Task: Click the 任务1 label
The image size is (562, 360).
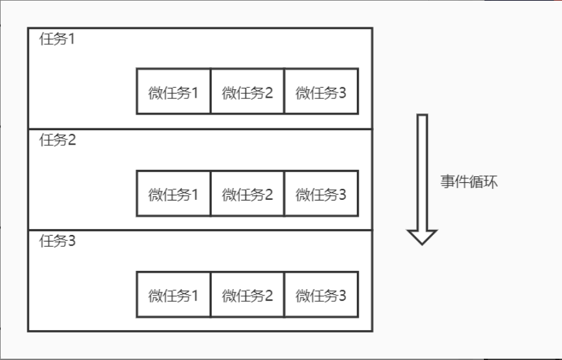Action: pyautogui.click(x=57, y=39)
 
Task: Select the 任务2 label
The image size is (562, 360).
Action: pyautogui.click(x=57, y=140)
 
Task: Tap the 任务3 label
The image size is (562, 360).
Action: pyautogui.click(x=57, y=242)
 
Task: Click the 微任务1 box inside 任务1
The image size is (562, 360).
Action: pyautogui.click(x=173, y=92)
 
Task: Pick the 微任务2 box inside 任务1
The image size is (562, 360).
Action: pyautogui.click(x=247, y=92)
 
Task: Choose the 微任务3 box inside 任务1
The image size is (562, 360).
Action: pyautogui.click(x=321, y=92)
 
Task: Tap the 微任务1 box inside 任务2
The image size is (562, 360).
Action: pyautogui.click(x=173, y=193)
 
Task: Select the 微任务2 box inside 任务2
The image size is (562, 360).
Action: pyautogui.click(x=247, y=193)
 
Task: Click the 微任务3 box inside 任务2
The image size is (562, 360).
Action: pyautogui.click(x=321, y=193)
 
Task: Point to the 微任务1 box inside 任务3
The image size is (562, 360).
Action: pyautogui.click(x=173, y=295)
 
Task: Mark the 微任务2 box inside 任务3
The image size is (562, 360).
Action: pyautogui.click(x=247, y=295)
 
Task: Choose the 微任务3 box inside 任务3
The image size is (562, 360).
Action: pyautogui.click(x=321, y=295)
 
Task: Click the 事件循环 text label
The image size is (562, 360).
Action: pyautogui.click(x=469, y=182)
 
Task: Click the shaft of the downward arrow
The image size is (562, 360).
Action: pyautogui.click(x=422, y=169)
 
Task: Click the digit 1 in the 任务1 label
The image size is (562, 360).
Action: pyautogui.click(x=72, y=39)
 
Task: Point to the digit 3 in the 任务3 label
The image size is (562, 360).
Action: pyautogui.click(x=72, y=242)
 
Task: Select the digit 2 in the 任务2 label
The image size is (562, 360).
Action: pyautogui.click(x=72, y=140)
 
